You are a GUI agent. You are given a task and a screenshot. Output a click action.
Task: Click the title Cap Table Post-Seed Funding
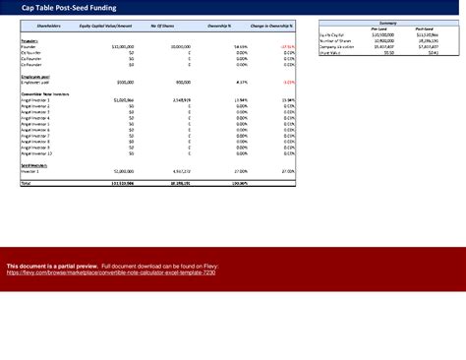(x=62, y=7)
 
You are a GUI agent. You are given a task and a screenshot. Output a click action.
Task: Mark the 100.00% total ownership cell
(x=237, y=183)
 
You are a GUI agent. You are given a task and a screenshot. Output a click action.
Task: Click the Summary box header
(x=386, y=22)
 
